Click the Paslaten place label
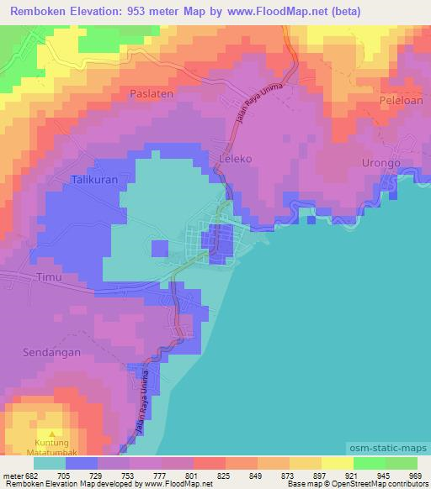click(152, 94)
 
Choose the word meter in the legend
click(12, 476)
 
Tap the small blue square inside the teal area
click(160, 247)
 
